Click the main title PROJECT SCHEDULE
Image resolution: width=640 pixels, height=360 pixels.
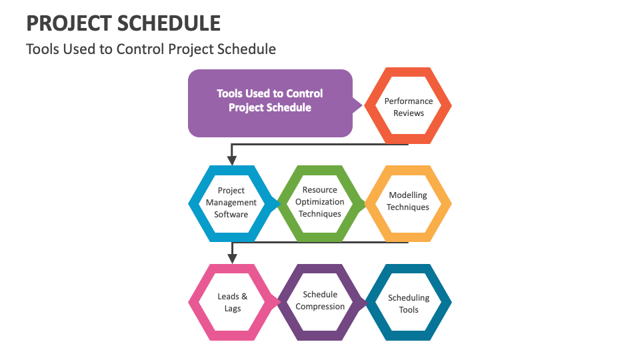pos(123,23)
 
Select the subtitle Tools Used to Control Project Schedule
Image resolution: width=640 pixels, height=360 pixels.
pos(151,49)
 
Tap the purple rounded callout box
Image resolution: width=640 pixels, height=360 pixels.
pos(270,103)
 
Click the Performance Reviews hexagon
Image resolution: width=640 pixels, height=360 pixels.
pos(408,106)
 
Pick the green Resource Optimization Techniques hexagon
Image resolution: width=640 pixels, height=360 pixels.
pos(320,203)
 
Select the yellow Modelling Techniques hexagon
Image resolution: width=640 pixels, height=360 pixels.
pos(408,203)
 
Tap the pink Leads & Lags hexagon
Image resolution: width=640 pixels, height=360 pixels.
pos(232,302)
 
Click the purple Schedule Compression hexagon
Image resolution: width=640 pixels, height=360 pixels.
pos(320,301)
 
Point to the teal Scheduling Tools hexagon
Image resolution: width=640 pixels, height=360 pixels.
pos(408,303)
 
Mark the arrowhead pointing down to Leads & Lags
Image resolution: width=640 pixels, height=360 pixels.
pos(232,259)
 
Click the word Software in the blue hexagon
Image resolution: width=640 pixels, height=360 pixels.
pos(231,215)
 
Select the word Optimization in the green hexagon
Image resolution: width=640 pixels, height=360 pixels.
pos(320,202)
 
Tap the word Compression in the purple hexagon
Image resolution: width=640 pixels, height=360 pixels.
pos(320,307)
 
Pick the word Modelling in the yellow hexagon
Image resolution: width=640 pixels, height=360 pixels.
pos(408,195)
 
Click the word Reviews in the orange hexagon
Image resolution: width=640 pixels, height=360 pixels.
pos(409,113)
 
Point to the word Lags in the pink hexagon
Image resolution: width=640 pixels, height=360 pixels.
pos(233,309)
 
